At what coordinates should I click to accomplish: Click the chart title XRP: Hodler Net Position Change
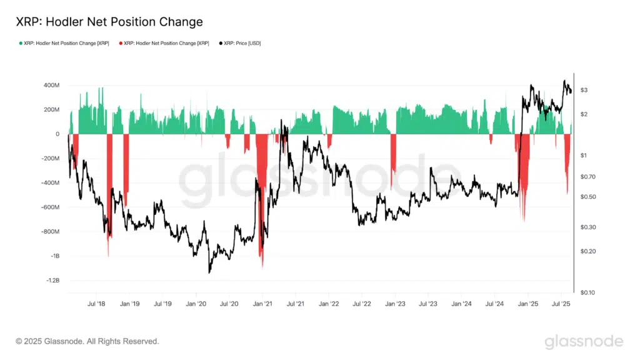109,22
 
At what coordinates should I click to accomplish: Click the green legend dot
21,43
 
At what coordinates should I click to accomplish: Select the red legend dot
121,43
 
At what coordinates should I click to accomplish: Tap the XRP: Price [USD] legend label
241,43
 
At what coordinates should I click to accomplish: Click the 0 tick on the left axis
57,134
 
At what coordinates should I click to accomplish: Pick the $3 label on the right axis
584,91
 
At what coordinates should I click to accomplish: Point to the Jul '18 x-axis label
96,304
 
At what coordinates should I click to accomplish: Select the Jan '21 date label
262,304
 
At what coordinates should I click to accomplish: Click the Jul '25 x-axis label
561,304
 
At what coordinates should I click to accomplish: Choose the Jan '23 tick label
394,304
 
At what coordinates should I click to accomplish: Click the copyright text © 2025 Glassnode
87,341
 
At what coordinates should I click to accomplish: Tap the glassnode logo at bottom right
584,341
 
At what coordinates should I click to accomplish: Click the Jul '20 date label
229,304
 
